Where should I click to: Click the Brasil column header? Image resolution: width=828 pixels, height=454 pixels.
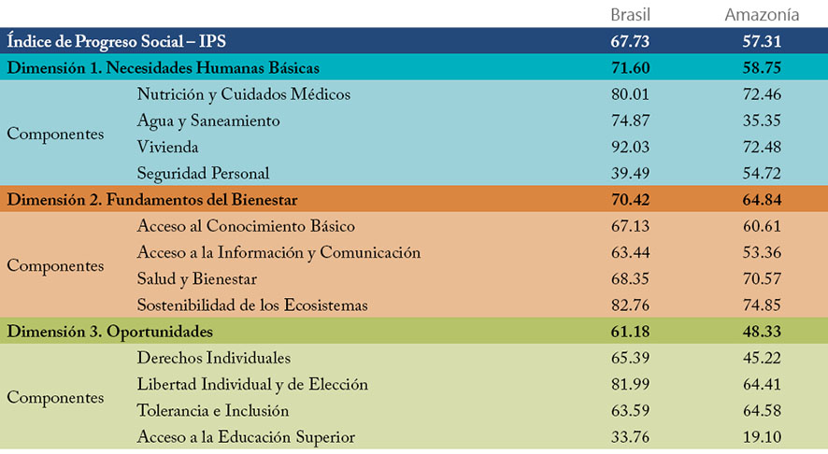click(630, 14)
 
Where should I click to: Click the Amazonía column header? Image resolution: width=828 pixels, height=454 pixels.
click(762, 14)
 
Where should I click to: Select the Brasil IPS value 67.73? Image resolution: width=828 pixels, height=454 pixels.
click(630, 41)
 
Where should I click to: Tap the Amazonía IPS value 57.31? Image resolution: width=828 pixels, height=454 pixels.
click(762, 41)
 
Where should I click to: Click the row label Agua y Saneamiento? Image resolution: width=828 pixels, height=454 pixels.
click(207, 121)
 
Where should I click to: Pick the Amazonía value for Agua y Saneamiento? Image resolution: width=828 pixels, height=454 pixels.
click(762, 121)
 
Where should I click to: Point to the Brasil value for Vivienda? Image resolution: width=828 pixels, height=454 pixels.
click(630, 147)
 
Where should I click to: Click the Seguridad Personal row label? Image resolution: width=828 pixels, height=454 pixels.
click(203, 173)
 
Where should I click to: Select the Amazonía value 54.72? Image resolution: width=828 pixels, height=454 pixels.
click(762, 173)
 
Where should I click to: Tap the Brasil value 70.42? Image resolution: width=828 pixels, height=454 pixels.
click(630, 200)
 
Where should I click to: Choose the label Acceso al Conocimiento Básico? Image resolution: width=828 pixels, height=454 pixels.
click(246, 226)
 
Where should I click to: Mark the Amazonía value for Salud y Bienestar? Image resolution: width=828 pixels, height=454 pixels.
click(762, 279)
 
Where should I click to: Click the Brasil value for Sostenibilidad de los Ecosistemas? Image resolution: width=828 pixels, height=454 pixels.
click(630, 305)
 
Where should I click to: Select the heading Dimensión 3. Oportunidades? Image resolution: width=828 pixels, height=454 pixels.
click(110, 332)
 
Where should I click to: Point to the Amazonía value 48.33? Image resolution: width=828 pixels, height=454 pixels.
click(762, 332)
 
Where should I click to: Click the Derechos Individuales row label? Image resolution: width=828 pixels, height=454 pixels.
click(213, 358)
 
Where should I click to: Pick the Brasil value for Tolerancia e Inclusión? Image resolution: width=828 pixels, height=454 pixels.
click(630, 411)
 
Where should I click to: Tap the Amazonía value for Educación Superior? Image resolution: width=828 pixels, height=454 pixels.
click(762, 437)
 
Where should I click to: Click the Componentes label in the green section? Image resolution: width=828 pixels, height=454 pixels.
click(55, 398)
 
